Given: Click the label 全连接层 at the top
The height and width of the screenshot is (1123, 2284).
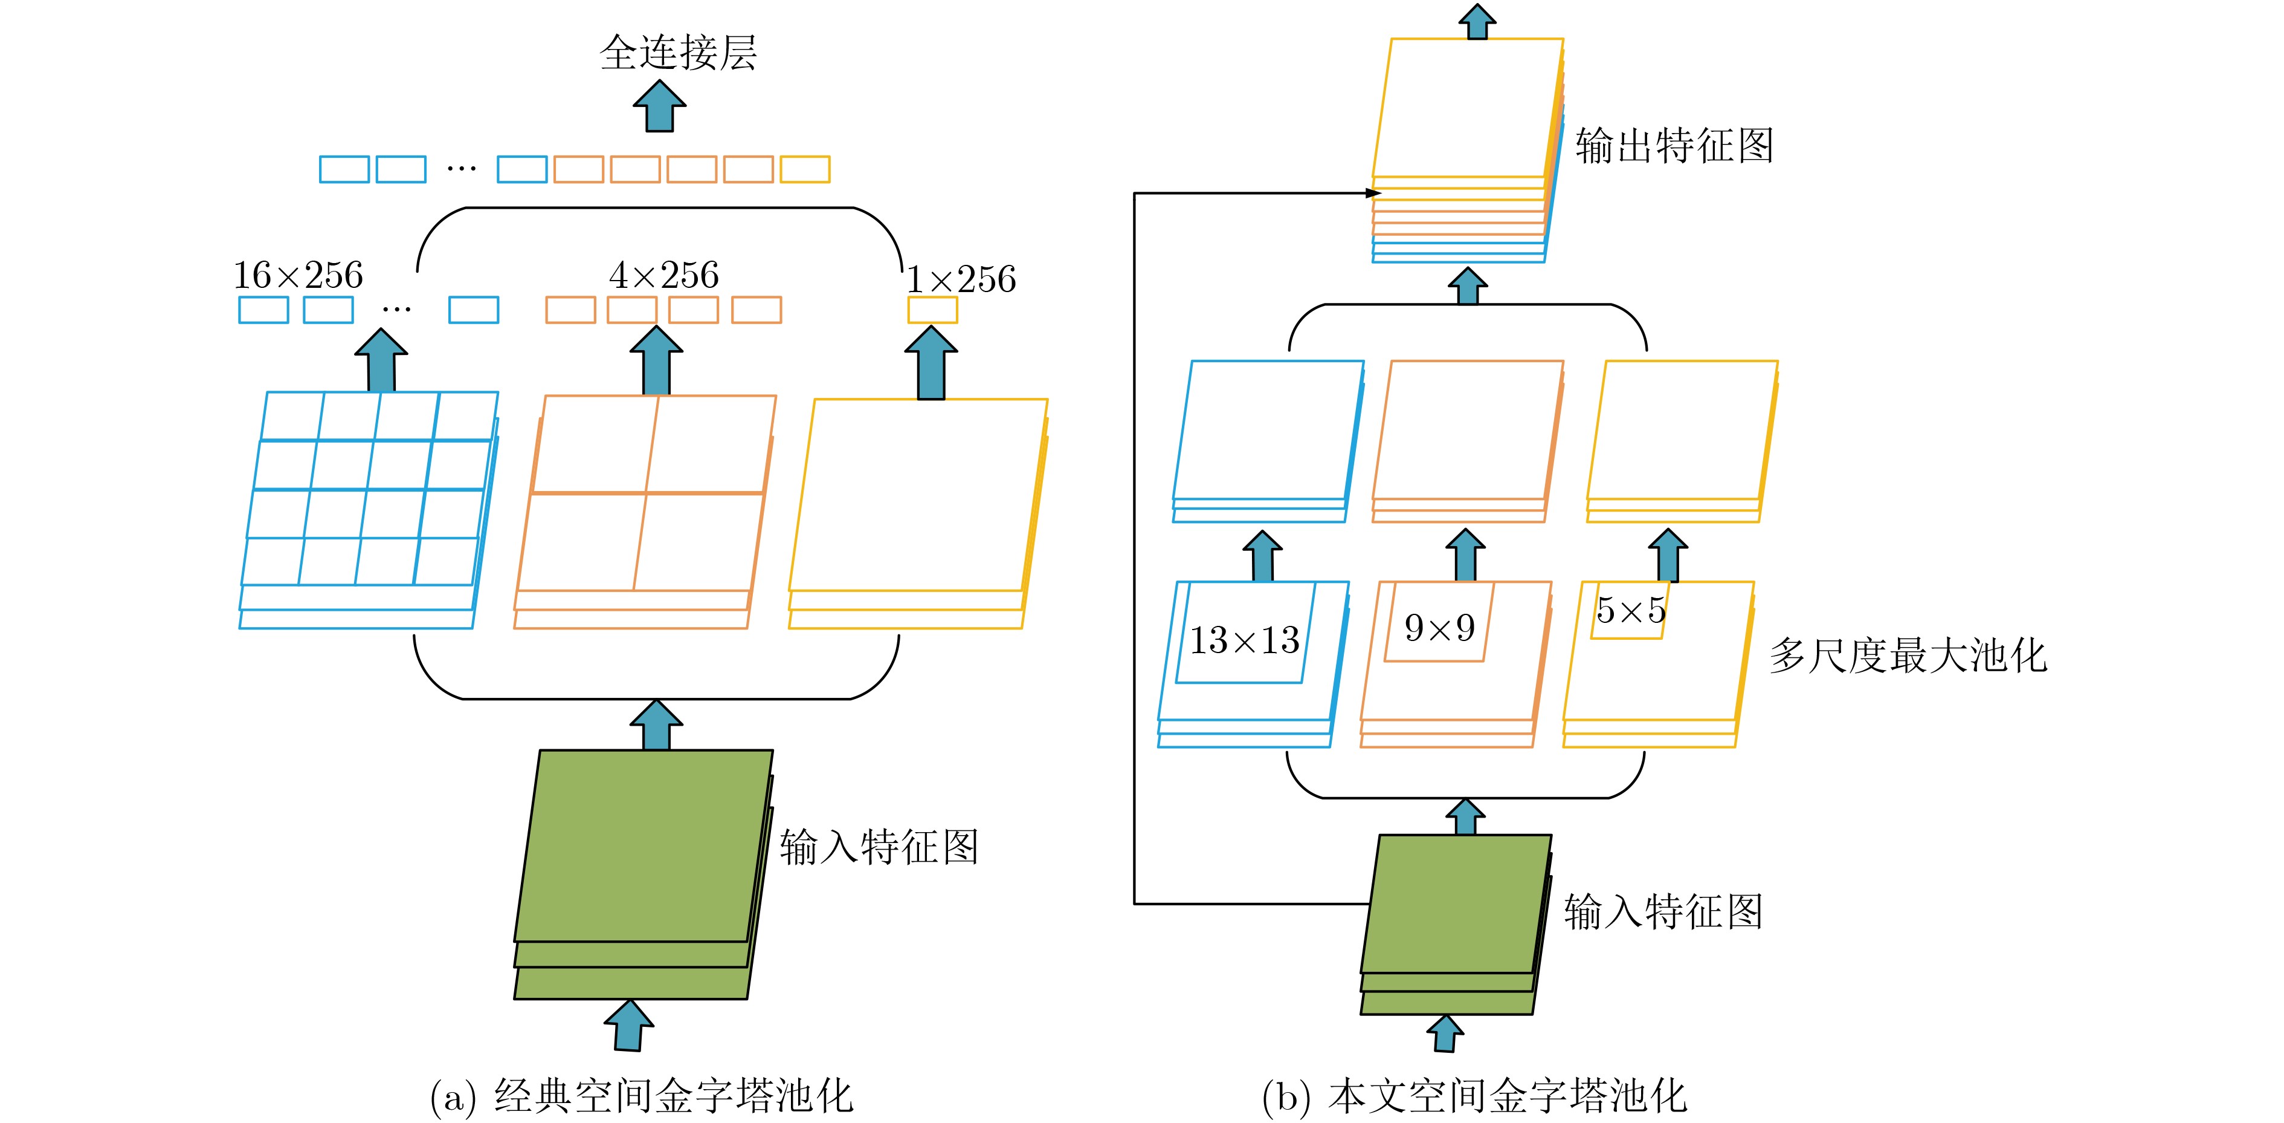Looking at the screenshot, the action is coord(679,53).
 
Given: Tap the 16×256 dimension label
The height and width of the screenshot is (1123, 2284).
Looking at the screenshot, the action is coord(298,275).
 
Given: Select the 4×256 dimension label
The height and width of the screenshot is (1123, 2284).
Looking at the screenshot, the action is coord(664,275).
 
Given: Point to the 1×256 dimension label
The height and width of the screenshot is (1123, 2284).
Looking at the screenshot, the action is coord(961,279).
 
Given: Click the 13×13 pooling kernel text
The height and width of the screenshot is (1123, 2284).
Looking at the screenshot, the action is coord(1244,640).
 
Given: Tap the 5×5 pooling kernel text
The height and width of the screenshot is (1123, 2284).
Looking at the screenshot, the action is coord(1631,610).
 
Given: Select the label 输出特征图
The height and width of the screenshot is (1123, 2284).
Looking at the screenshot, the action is coord(1674,146).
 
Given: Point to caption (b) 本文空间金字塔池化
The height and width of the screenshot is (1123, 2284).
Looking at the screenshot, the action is coord(1474,1096).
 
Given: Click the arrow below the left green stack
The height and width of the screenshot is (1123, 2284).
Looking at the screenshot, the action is coord(628,1026).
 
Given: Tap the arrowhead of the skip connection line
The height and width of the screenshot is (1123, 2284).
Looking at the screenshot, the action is coord(1374,192).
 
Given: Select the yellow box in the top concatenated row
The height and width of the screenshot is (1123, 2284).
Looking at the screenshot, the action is coord(805,169).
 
